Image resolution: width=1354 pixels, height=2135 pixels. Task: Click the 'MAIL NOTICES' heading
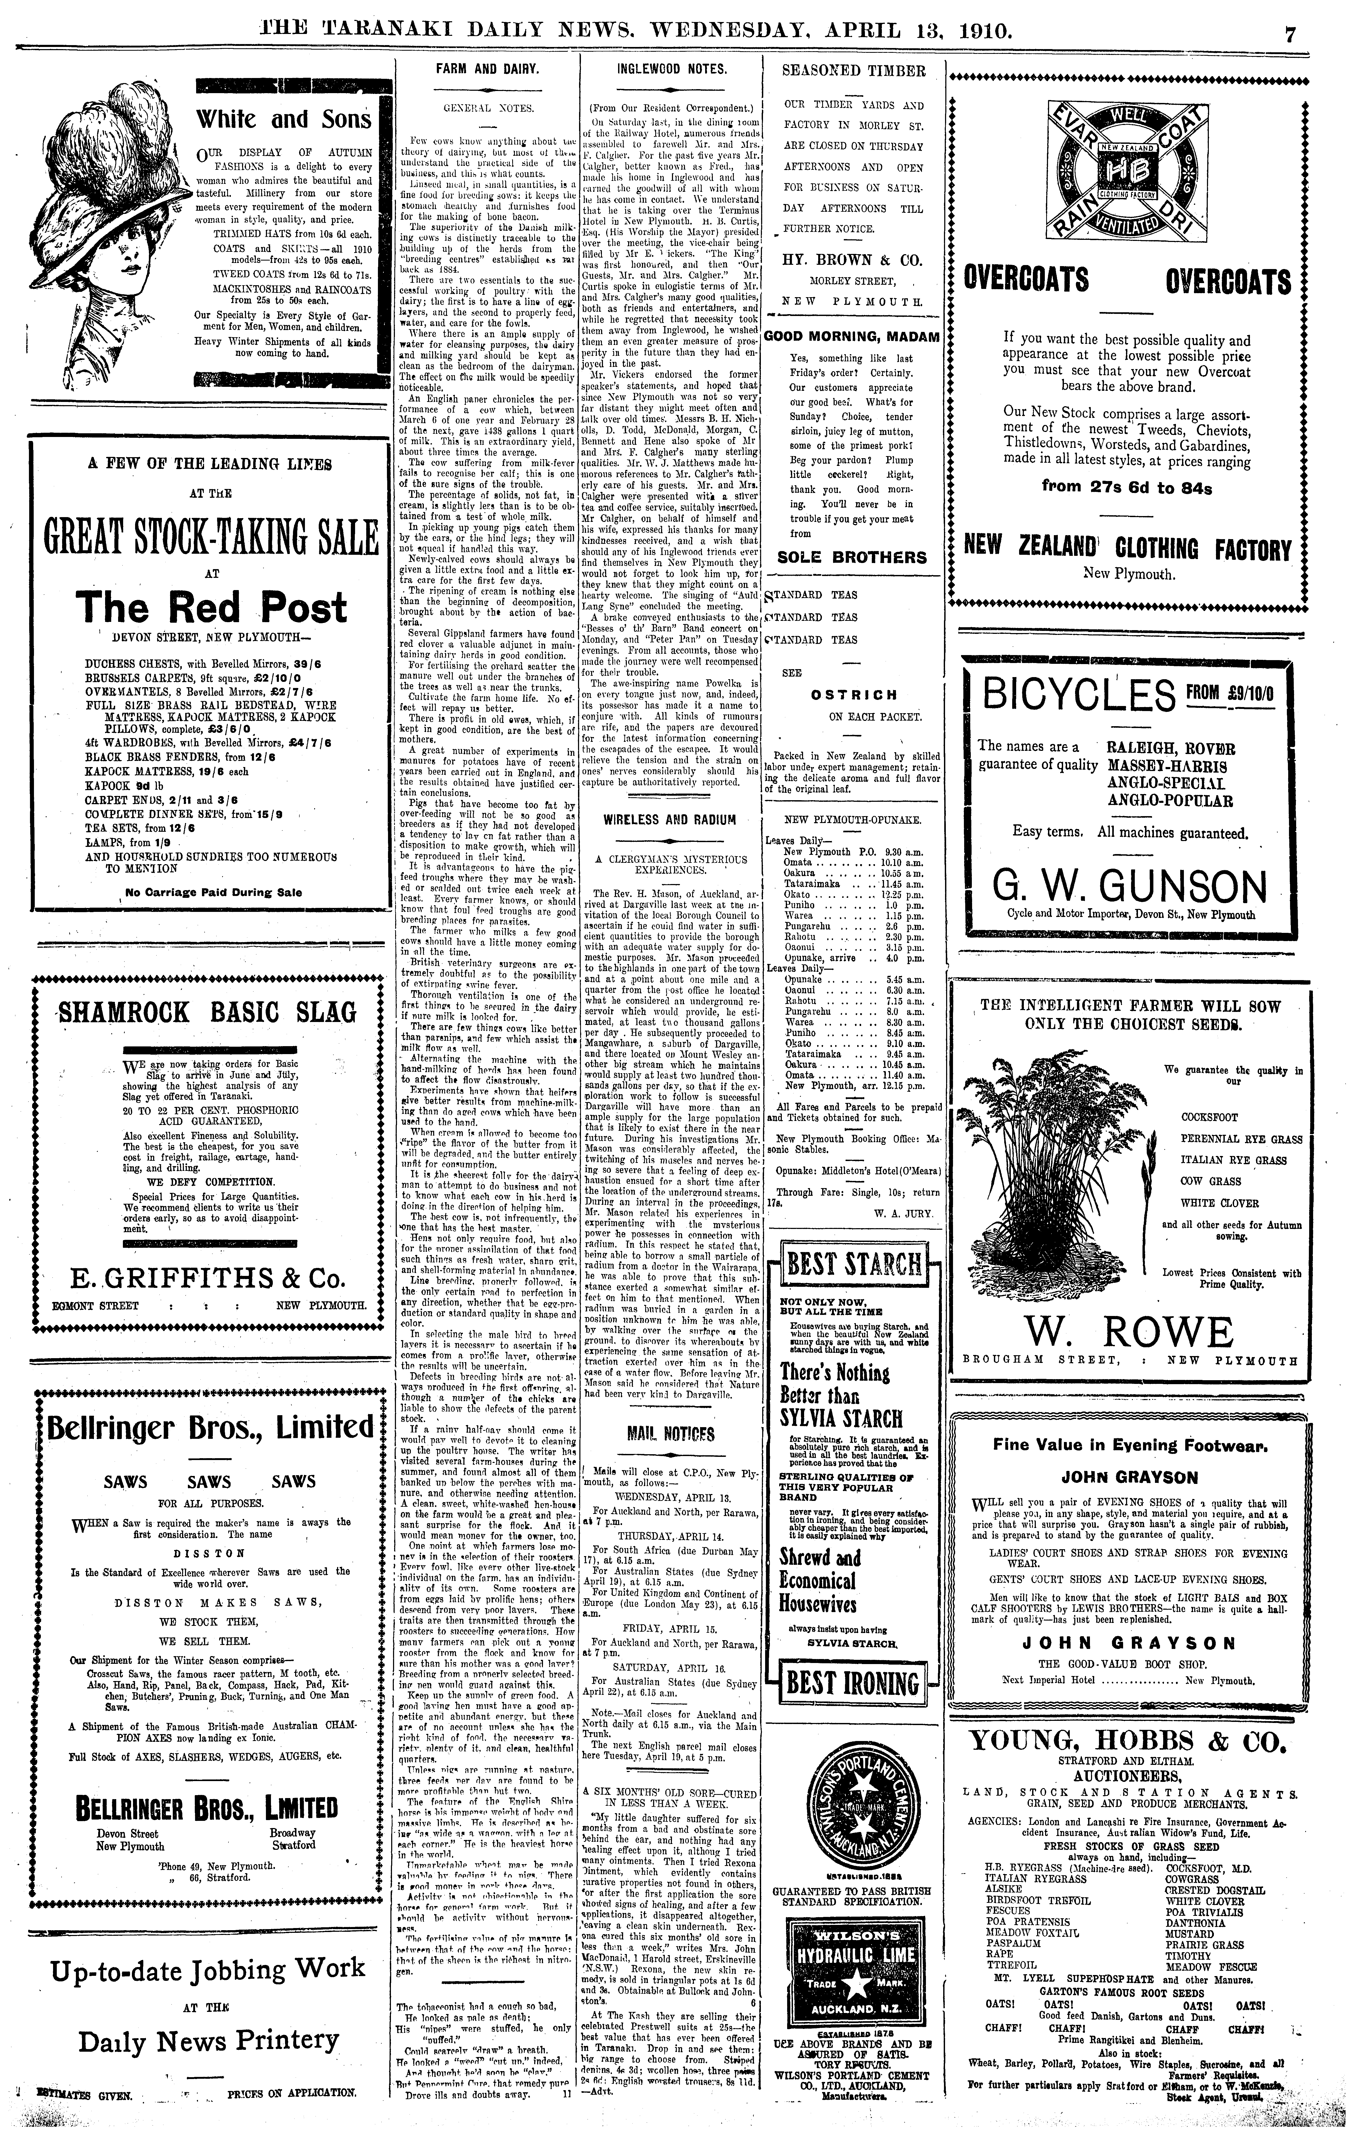click(671, 1434)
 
